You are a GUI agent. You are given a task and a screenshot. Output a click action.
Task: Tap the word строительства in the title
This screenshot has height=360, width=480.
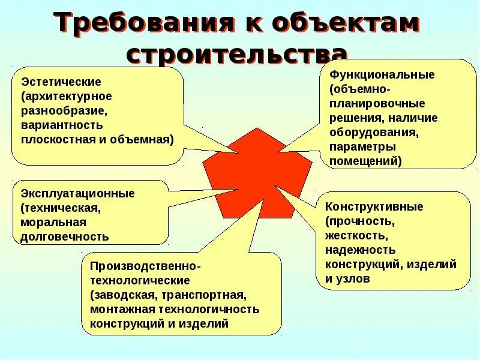pos(238,54)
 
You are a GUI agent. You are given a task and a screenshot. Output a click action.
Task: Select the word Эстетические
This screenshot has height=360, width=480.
pos(61,82)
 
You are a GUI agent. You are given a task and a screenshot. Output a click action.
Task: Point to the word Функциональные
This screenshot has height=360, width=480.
pos(377,75)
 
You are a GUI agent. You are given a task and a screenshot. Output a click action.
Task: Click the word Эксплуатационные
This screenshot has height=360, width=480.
pos(78,193)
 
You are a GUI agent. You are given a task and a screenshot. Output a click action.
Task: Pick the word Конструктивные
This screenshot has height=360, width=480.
pos(374,206)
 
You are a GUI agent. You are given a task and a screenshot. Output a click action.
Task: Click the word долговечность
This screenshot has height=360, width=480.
pos(65,236)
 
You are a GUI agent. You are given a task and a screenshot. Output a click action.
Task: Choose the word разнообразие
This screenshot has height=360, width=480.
pos(64,110)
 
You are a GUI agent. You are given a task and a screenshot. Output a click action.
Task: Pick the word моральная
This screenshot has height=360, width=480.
pos(49,222)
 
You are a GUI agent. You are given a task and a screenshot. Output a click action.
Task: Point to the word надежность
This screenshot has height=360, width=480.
pos(361,250)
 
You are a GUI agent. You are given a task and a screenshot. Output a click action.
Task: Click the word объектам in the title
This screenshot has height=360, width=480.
pos(346,24)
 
